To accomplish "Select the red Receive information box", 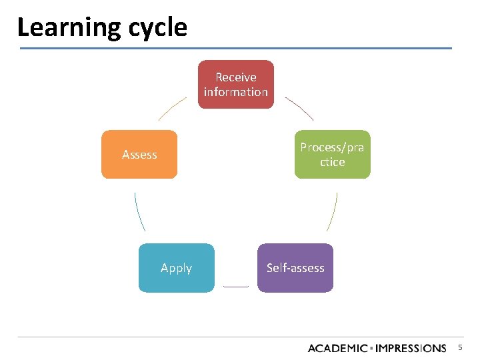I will pos(235,84).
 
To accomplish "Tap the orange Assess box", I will pos(139,154).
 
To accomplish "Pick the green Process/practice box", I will pos(332,154).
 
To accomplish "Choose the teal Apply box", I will pos(177,267).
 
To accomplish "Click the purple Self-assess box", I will pos(295,267).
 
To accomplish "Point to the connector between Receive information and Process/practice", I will pos(299,108).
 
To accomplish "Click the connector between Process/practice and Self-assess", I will pos(333,212).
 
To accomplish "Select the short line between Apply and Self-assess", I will pos(235,287).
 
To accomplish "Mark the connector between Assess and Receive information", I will pos(172,108).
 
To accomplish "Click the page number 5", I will pos(460,347).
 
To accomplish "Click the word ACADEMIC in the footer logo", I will pos(338,348).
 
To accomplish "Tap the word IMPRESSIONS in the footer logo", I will pos(412,348).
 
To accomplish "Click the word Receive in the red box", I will pos(235,77).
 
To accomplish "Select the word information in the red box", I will pos(235,92).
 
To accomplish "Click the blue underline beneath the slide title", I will pos(235,48).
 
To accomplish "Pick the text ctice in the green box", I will pos(332,162).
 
